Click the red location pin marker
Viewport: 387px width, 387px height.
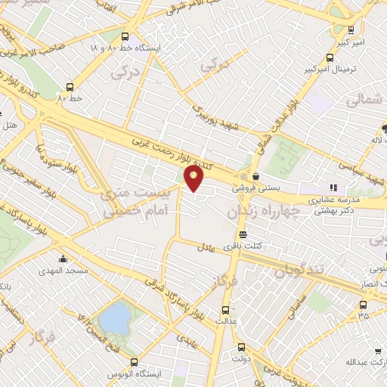click(x=194, y=178)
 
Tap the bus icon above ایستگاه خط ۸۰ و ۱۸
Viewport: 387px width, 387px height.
click(x=125, y=35)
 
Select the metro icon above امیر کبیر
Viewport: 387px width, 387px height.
click(x=351, y=31)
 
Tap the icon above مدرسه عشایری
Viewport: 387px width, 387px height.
click(x=332, y=188)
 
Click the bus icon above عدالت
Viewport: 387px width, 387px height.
click(x=224, y=309)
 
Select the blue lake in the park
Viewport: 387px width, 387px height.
click(x=115, y=317)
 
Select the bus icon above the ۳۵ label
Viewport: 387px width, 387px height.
click(x=364, y=305)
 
